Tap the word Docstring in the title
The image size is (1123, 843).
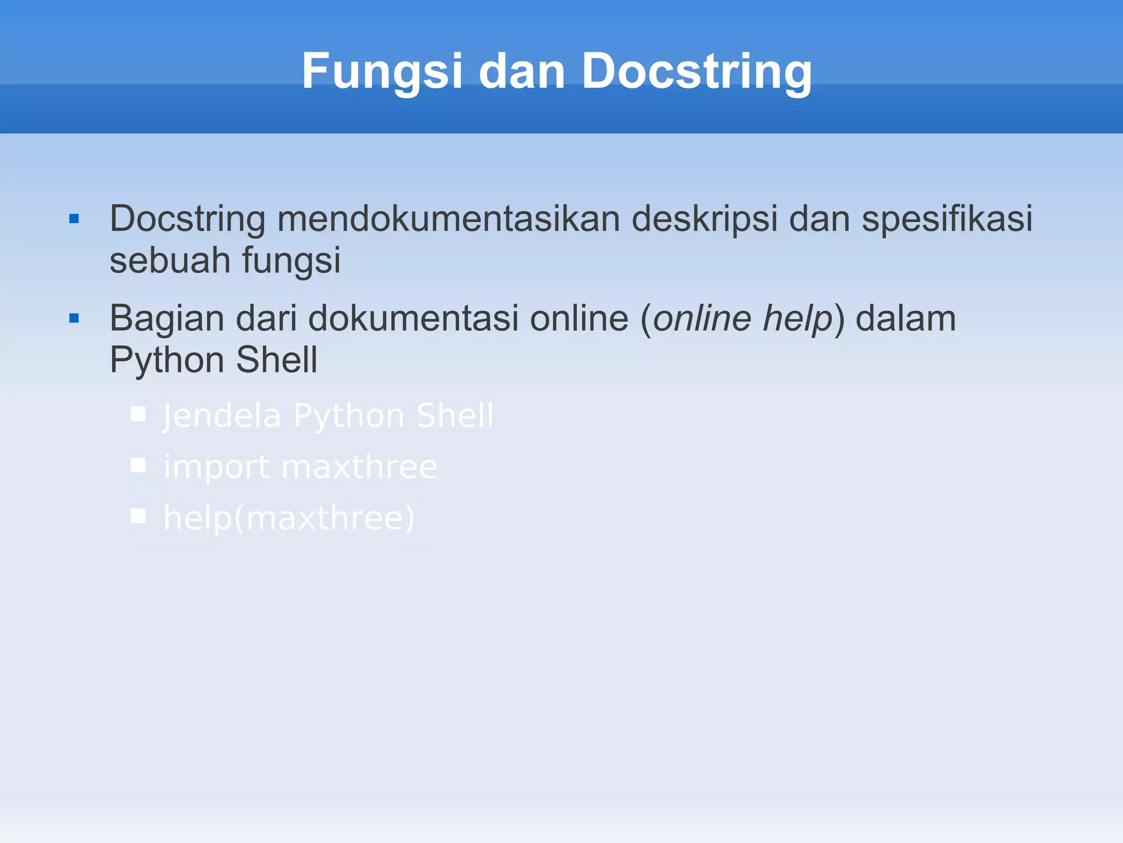coord(696,72)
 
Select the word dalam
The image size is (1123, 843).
coord(905,318)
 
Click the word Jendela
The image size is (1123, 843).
coord(222,415)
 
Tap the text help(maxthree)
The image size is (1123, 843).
coord(289,518)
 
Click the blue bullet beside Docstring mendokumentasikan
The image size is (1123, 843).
coord(75,220)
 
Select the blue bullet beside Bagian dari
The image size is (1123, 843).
coord(75,318)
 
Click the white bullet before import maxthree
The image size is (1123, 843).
coord(138,465)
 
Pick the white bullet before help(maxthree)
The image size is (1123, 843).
coord(138,516)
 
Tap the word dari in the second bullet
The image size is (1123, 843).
coord(266,318)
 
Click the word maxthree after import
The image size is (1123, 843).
coord(359,468)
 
